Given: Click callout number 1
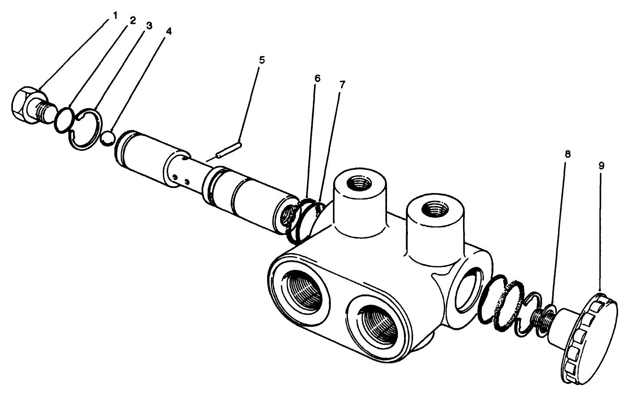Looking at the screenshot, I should coord(115,15).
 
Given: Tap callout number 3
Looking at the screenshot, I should coord(149,26).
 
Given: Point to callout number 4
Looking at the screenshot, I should coord(168,32).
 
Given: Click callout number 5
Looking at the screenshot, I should coord(261,59).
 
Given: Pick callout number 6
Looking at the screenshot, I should coord(317,79).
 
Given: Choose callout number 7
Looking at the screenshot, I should coord(342,85).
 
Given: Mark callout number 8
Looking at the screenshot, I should coord(568,154).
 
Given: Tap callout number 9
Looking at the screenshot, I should coord(601,166).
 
